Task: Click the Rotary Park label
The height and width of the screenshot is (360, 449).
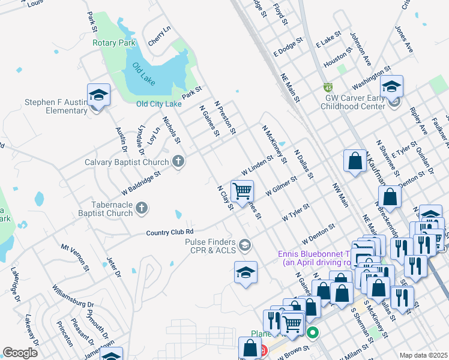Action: [113, 43]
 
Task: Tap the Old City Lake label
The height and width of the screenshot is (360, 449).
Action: [158, 104]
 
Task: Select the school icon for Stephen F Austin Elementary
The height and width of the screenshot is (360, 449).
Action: [98, 95]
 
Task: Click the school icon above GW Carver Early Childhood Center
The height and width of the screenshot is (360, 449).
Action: [391, 87]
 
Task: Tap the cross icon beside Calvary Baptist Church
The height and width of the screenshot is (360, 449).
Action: [178, 161]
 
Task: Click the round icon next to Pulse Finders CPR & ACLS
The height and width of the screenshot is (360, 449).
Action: [244, 245]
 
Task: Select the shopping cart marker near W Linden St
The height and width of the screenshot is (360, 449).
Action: [242, 191]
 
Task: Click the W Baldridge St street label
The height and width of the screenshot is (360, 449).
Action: [141, 181]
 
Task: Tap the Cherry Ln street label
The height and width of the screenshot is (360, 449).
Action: [159, 36]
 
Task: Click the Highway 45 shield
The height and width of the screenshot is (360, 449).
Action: [328, 87]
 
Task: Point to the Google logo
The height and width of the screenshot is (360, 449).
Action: [20, 353]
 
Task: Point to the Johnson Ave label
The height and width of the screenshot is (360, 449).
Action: [361, 49]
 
